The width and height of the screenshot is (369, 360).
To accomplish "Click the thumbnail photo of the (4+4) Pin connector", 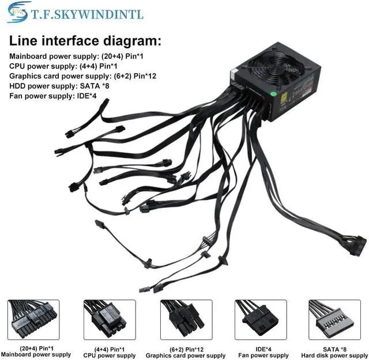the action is [110, 319].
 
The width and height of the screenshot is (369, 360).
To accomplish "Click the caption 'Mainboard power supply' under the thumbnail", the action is [36, 355].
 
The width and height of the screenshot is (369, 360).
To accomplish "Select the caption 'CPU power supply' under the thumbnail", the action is [110, 355].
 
